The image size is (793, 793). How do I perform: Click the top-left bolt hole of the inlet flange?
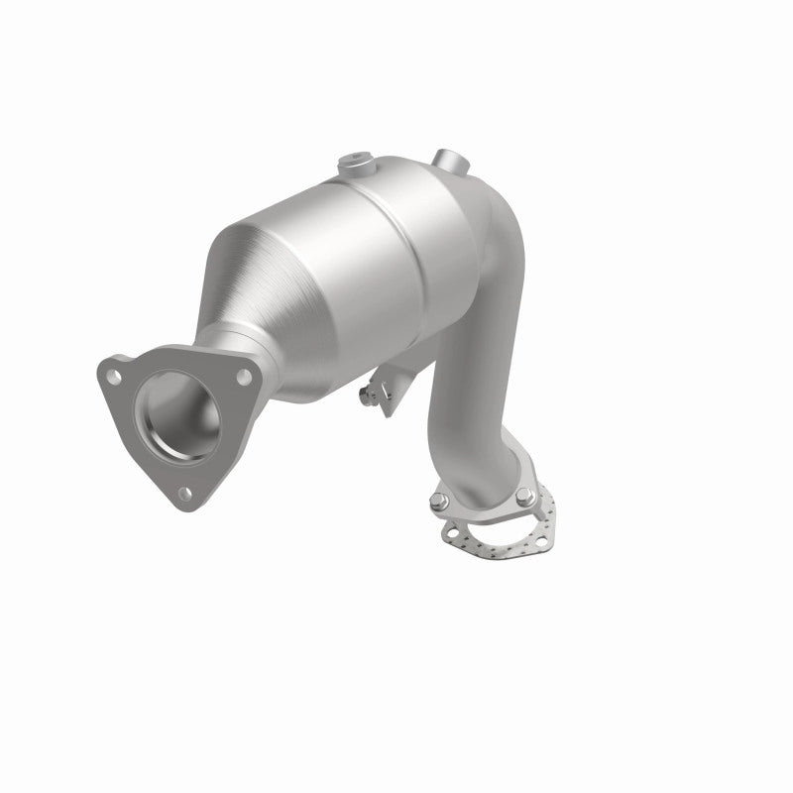(115, 376)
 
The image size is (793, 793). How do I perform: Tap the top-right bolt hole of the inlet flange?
(239, 375)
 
